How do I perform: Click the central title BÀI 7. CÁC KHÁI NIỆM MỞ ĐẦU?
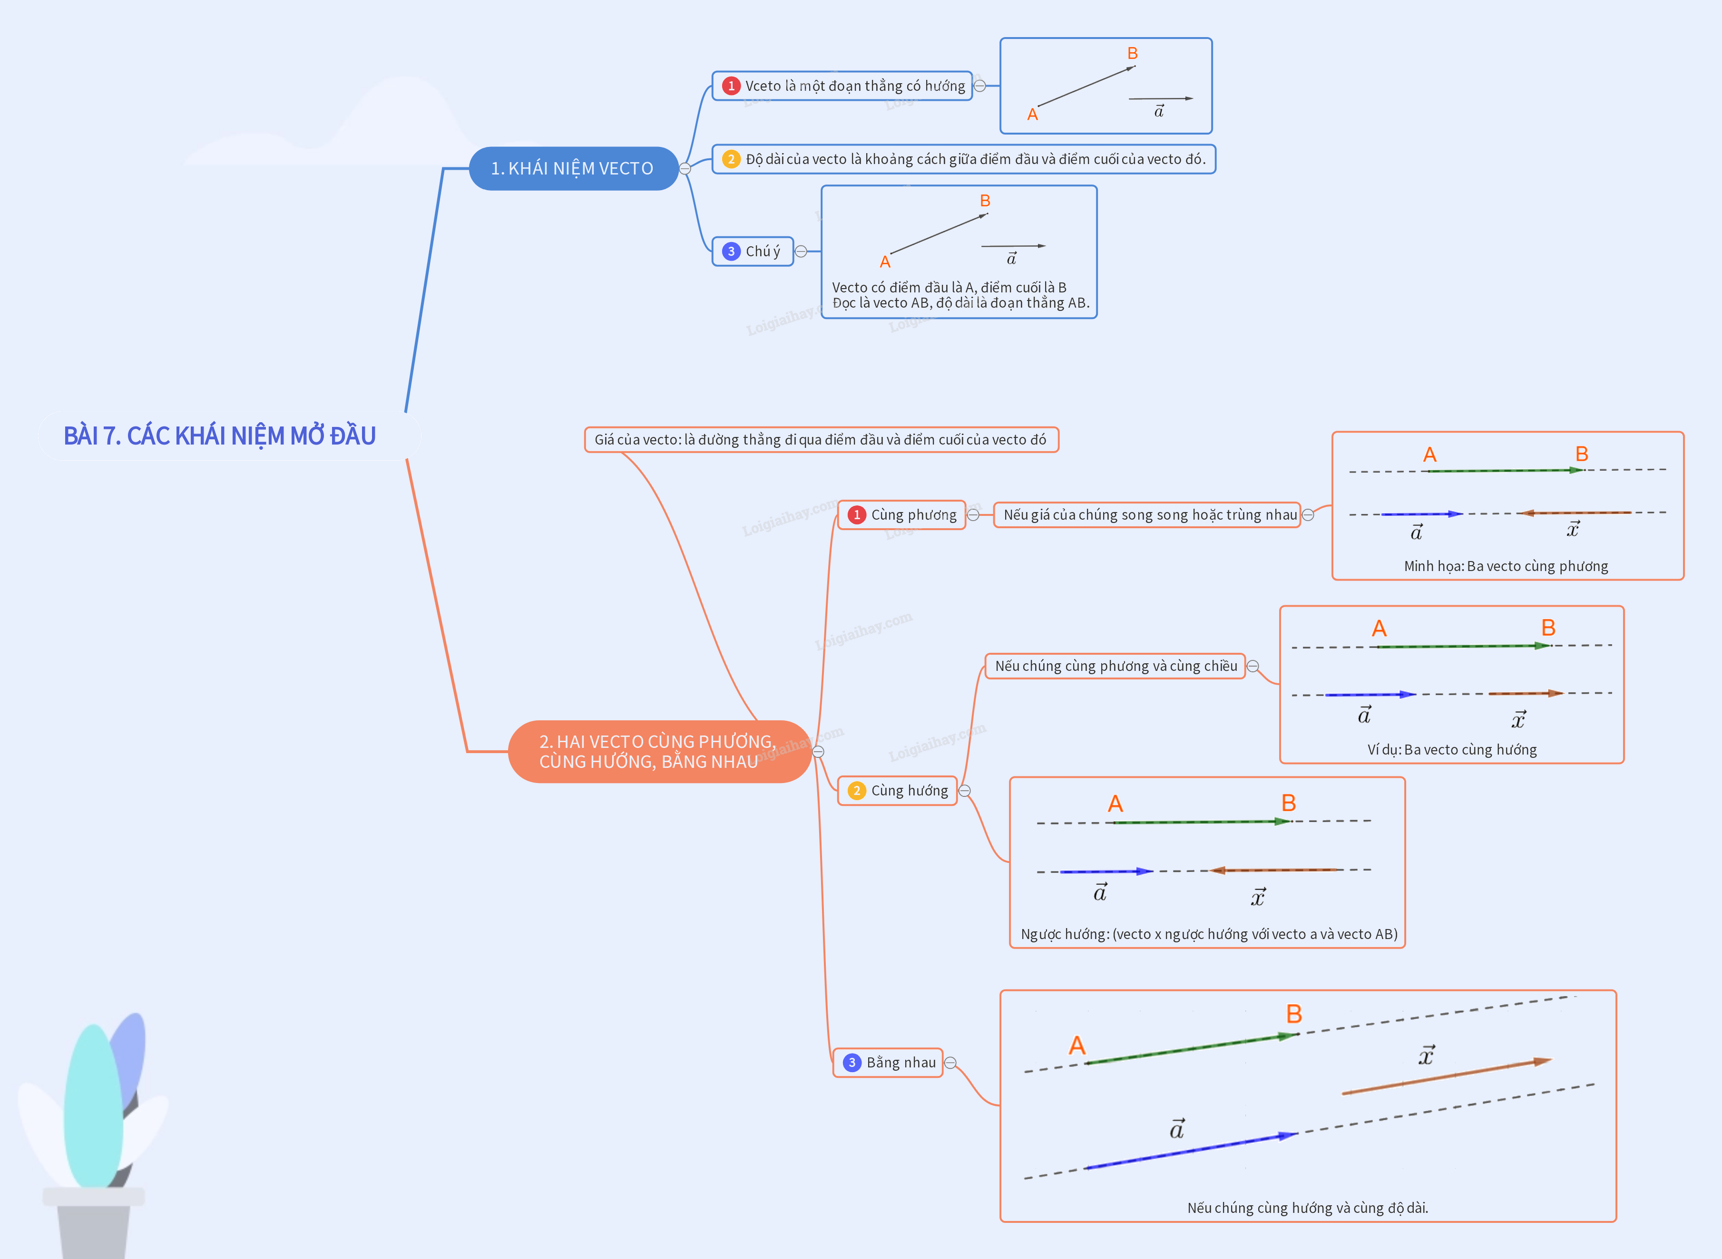tap(220, 436)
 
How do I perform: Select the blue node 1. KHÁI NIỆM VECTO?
tap(572, 168)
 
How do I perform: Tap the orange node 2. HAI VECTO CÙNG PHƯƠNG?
tap(657, 751)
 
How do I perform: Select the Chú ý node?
tap(753, 252)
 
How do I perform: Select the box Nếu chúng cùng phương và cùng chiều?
tap(1115, 666)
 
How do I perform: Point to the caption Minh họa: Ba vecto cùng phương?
tap(1506, 566)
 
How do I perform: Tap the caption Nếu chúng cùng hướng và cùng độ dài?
tap(1307, 1208)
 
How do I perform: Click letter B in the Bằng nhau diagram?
tap(1293, 1014)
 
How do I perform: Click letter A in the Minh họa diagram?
tap(1429, 455)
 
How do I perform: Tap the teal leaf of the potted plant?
tap(93, 1105)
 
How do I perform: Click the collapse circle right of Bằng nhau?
tap(950, 1063)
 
